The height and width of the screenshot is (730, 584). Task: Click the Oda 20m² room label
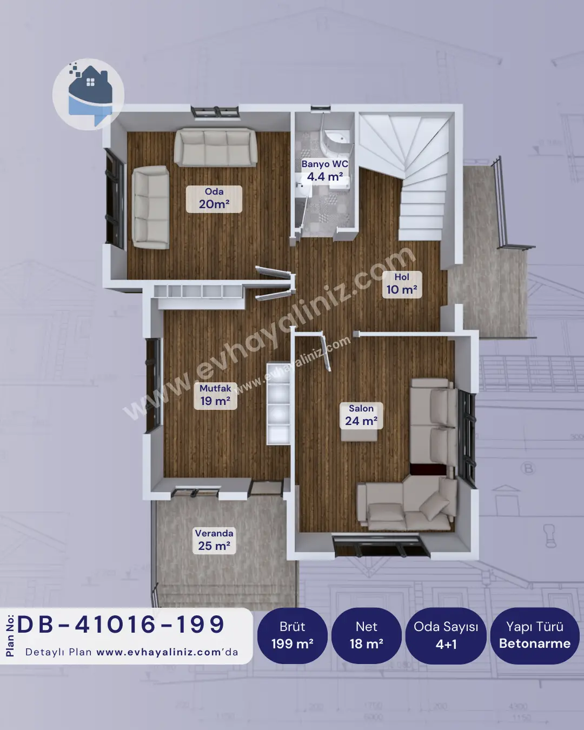tap(214, 199)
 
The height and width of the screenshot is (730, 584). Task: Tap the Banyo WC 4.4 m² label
tap(325, 171)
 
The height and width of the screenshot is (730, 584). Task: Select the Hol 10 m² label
tap(402, 284)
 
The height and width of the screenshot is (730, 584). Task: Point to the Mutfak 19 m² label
tap(215, 395)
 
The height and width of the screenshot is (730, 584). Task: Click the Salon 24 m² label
tap(361, 415)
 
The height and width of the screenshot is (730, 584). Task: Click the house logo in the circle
tap(89, 94)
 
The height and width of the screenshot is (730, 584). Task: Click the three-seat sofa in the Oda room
tap(215, 147)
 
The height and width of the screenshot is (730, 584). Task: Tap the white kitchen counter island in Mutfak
tap(278, 404)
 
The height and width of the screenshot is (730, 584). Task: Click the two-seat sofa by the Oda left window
tap(150, 207)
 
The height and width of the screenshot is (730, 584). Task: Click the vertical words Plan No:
tap(10, 636)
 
